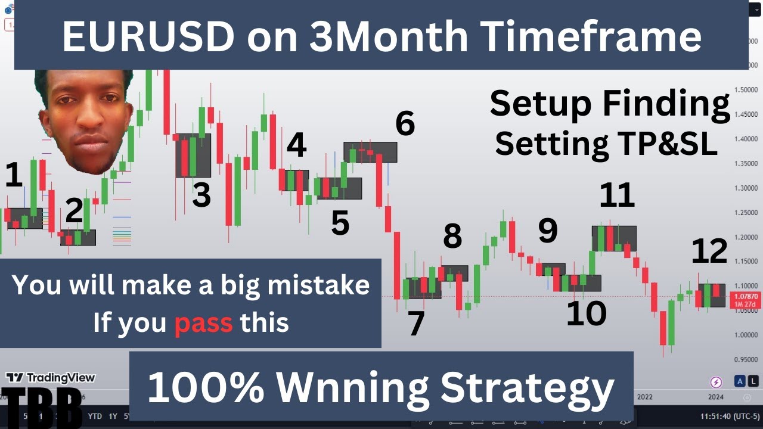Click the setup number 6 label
[x=405, y=124]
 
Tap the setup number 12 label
[x=709, y=251]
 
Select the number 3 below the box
[x=201, y=195]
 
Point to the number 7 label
[x=415, y=324]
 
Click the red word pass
[x=203, y=323]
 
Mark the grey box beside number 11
[x=614, y=238]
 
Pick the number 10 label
[x=586, y=313]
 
